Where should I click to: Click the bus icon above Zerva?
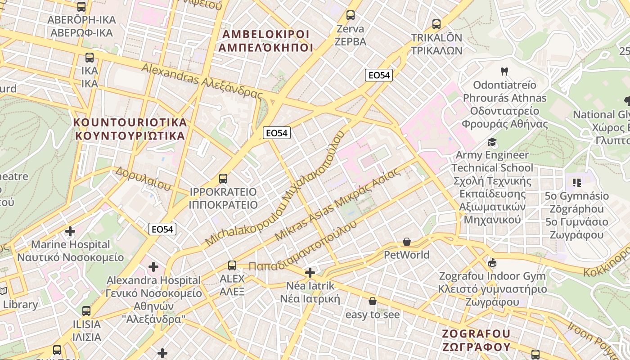(351, 15)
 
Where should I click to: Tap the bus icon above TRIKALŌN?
(436, 24)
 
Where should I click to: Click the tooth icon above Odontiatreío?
(504, 71)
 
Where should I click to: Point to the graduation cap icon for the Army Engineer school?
(492, 142)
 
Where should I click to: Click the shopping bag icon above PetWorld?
(407, 242)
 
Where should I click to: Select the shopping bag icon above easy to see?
(373, 301)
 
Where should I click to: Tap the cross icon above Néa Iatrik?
(310, 273)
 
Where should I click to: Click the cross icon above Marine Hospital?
(70, 231)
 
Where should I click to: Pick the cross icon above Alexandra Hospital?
(153, 267)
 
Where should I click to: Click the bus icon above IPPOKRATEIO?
(223, 179)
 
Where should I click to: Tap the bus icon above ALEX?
(232, 265)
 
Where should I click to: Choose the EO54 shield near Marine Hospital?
(162, 229)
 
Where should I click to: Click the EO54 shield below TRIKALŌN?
(379, 75)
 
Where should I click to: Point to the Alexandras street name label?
(202, 81)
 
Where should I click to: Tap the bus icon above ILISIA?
(86, 310)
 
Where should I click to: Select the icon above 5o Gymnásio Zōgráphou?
(577, 183)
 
